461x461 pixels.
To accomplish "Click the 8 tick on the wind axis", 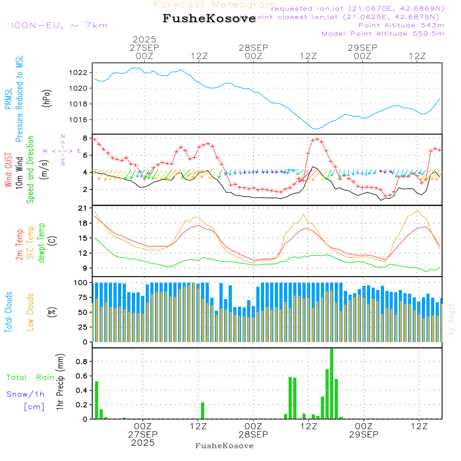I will click(85, 138).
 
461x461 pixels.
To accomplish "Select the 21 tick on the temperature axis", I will click(83, 208).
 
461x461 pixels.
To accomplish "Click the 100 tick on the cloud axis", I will click(81, 282).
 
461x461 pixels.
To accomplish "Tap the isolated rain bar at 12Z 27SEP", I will click(202, 410).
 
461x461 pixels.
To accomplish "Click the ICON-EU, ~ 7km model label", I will click(59, 25).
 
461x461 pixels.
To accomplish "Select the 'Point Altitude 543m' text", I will click(401, 25).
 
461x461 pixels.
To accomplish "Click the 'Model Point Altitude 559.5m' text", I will click(383, 34).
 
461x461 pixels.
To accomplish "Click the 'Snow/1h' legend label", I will click(25, 394).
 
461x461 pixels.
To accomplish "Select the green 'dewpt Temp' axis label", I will click(41, 243).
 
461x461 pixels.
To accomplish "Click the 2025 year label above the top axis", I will click(144, 40).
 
